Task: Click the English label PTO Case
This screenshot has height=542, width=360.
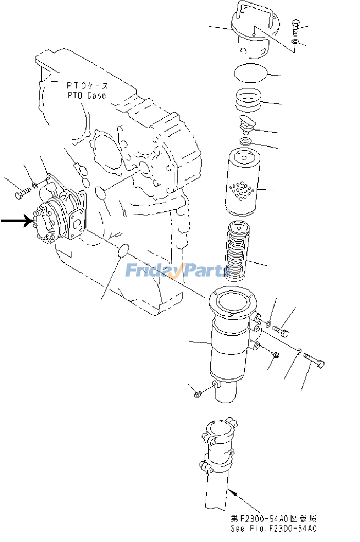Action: point(86,95)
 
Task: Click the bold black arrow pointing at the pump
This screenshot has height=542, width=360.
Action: point(15,221)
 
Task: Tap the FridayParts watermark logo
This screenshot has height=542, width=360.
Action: point(177,269)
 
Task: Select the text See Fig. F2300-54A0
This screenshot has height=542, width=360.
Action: point(273,528)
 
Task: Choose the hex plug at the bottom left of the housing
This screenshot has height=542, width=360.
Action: point(198,393)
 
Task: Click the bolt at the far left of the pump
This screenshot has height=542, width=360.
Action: point(21,194)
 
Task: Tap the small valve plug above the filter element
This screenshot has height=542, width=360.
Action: point(247,124)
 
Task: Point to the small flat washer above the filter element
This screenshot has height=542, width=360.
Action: point(246,141)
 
